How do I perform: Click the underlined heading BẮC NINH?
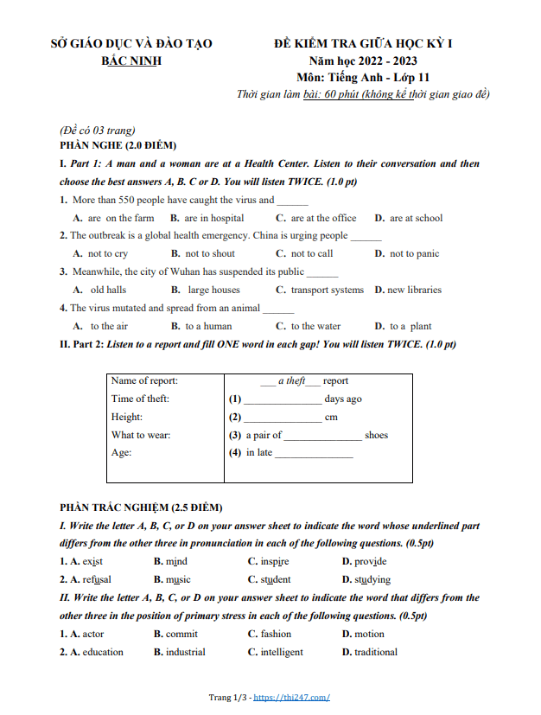pyautogui.click(x=130, y=61)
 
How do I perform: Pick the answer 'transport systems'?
pyautogui.click(x=327, y=290)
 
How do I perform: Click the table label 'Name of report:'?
pyautogui.click(x=145, y=380)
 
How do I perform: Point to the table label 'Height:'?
pyautogui.click(x=127, y=417)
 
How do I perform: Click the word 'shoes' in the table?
pyautogui.click(x=376, y=435)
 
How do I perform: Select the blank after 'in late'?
pyautogui.click(x=314, y=453)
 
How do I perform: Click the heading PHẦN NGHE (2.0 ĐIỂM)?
pyautogui.click(x=118, y=145)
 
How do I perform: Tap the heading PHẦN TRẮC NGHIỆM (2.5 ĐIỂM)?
pyautogui.click(x=141, y=507)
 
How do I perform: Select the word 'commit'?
pyautogui.click(x=181, y=634)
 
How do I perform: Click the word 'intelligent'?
pyautogui.click(x=282, y=652)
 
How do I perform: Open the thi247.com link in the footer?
pyautogui.click(x=291, y=698)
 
